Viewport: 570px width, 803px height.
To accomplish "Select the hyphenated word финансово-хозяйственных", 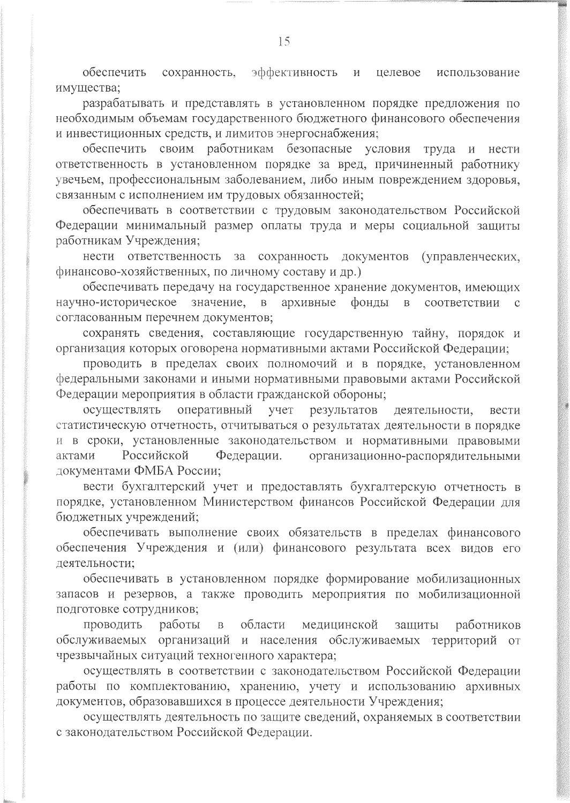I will [129, 271].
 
